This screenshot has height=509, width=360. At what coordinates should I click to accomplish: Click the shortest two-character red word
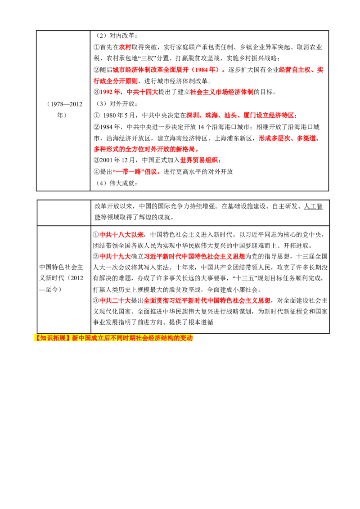[125, 47]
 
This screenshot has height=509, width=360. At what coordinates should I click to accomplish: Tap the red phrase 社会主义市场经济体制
[222, 92]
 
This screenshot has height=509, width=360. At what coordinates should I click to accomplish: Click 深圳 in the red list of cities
[193, 115]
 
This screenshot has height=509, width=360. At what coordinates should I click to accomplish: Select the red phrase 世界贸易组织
[199, 160]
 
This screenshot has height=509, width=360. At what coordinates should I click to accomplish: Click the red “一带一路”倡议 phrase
[136, 172]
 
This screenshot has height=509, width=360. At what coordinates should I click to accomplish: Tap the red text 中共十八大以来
[121, 235]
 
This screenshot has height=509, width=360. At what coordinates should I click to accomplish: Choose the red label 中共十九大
[115, 256]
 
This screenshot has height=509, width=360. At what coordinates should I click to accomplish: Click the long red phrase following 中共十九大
[194, 256]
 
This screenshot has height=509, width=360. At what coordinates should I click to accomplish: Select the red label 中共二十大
[115, 300]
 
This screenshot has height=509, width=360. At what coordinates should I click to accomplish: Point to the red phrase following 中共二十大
[207, 300]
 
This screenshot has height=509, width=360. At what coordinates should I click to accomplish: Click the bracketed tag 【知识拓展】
[52, 338]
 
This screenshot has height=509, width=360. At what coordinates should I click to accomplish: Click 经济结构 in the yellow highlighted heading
[166, 338]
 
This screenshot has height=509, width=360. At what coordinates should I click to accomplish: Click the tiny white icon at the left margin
[34, 192]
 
